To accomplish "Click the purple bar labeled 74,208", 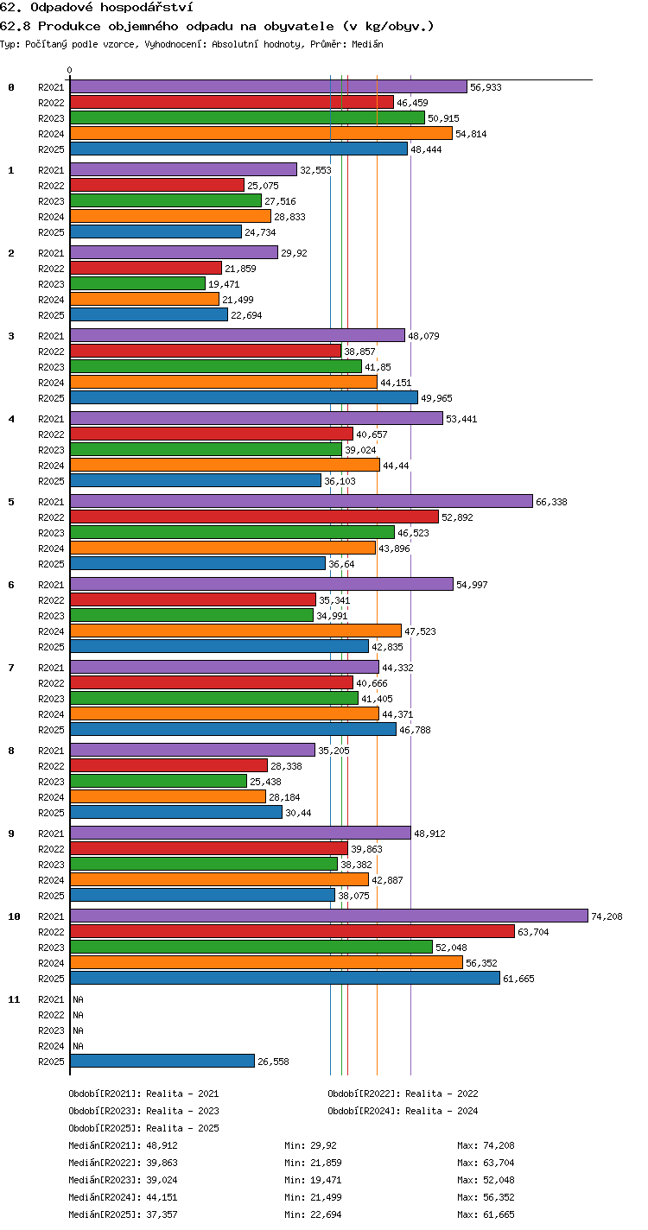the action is pos(329,916).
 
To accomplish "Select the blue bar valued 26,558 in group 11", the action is pos(162,1061).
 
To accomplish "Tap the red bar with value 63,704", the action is pos(292,931).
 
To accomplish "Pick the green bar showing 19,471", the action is pos(137,283).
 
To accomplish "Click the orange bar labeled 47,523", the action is pos(236,631).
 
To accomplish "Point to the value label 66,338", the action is pos(551,502).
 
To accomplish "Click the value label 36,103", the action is pos(340,481).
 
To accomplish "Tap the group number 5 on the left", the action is pos(11,502).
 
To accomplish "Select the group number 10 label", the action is pos(14,916).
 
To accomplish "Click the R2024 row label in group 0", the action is pos(51,134).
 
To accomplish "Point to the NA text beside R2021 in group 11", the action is pos(78,999).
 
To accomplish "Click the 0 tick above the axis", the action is pos(70,70).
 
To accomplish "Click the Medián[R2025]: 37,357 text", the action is pos(123,1214).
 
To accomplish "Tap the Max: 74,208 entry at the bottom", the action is pos(486,1145).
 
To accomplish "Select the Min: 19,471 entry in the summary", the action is pos(313,1180).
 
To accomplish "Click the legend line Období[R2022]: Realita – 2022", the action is pos(403,1094).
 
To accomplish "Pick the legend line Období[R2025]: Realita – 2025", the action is pos(144,1128).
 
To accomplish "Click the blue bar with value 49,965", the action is pos(244,397).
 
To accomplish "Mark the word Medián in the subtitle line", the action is pos(367,44).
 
